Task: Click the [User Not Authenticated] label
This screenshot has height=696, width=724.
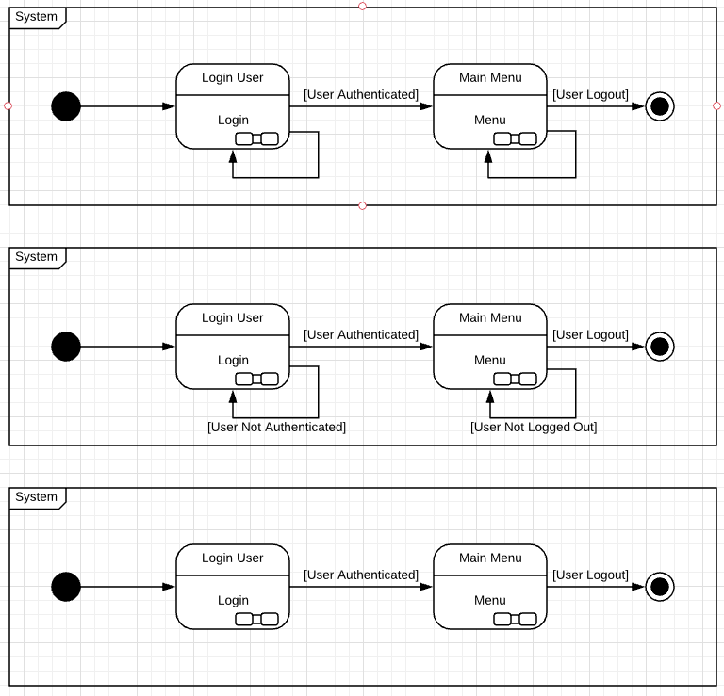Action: (x=276, y=427)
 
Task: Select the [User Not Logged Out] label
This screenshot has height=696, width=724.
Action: (x=534, y=427)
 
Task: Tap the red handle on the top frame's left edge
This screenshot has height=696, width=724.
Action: (x=8, y=105)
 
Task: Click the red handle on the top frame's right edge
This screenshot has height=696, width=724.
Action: (x=716, y=105)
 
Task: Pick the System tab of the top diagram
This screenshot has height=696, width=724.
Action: (x=36, y=17)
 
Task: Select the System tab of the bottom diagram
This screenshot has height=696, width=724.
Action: (x=36, y=497)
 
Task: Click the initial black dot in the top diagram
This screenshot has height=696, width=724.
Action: (x=66, y=106)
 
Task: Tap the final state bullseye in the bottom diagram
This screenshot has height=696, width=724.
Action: (x=660, y=587)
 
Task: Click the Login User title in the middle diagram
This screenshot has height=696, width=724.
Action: (x=233, y=317)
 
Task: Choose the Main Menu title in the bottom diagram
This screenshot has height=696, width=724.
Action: (x=490, y=558)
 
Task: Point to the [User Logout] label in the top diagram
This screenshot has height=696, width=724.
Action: (x=590, y=94)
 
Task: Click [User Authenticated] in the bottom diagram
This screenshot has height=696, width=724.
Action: (x=360, y=575)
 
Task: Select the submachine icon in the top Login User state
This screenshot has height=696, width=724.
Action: (x=256, y=139)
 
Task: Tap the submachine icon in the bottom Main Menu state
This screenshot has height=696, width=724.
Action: (x=514, y=619)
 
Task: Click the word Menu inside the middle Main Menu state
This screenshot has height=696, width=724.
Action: (x=490, y=360)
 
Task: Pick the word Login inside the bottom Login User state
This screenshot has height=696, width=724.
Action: (x=233, y=600)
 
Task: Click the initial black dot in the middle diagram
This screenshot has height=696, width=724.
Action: (x=66, y=347)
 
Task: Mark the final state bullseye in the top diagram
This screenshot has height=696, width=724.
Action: (x=660, y=106)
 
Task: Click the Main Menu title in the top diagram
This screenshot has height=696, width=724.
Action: (x=490, y=77)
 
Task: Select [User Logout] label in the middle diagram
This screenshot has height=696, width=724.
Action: (x=590, y=334)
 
